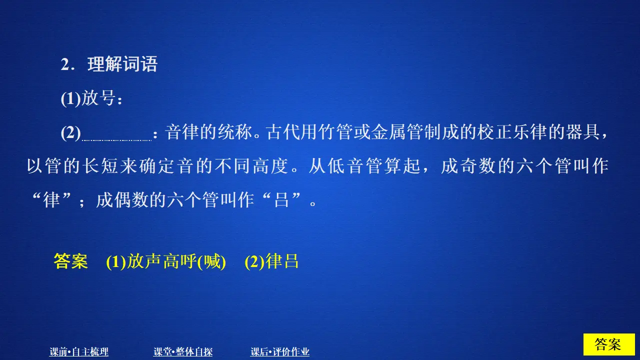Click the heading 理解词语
tap(122, 64)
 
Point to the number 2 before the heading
tap(64, 65)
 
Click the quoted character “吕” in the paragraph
tap(282, 201)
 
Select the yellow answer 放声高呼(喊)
tap(166, 261)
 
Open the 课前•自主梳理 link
tap(79, 352)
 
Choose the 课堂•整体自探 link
tap(183, 352)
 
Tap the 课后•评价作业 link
tap(280, 352)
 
